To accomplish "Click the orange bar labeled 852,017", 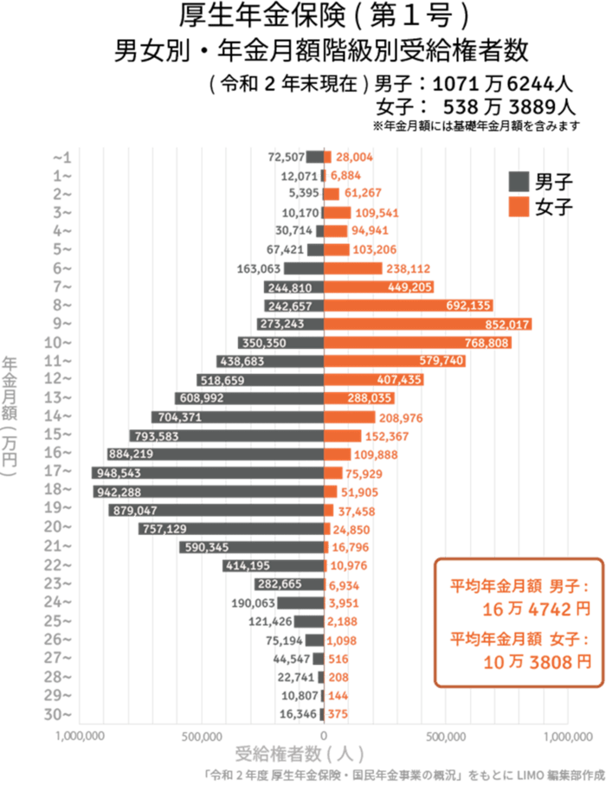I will pyautogui.click(x=428, y=324).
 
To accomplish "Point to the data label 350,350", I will pyautogui.click(x=264, y=343).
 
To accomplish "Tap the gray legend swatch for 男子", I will pyautogui.click(x=519, y=182).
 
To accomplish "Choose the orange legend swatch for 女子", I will pyautogui.click(x=519, y=207).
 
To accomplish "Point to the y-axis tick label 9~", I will pyautogui.click(x=62, y=324).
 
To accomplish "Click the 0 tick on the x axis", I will pyautogui.click(x=324, y=736).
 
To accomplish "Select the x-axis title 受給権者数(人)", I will pyautogui.click(x=299, y=753).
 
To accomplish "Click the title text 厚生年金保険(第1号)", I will pyautogui.click(x=324, y=17).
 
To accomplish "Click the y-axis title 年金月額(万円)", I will pyautogui.click(x=10, y=415).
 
